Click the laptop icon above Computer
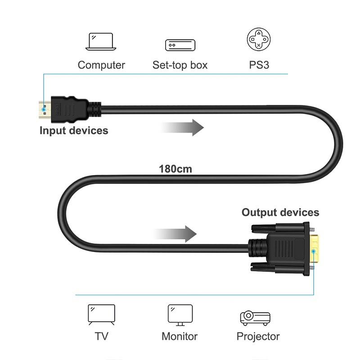101,42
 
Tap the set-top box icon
180,45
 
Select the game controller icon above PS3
259,40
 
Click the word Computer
101,65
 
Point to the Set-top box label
180,65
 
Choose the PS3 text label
259,65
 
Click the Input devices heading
74,131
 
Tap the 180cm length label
175,169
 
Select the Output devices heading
280,212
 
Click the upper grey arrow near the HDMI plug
184,128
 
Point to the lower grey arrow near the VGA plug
177,234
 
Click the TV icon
101,315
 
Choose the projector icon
255,318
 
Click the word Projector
258,336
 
